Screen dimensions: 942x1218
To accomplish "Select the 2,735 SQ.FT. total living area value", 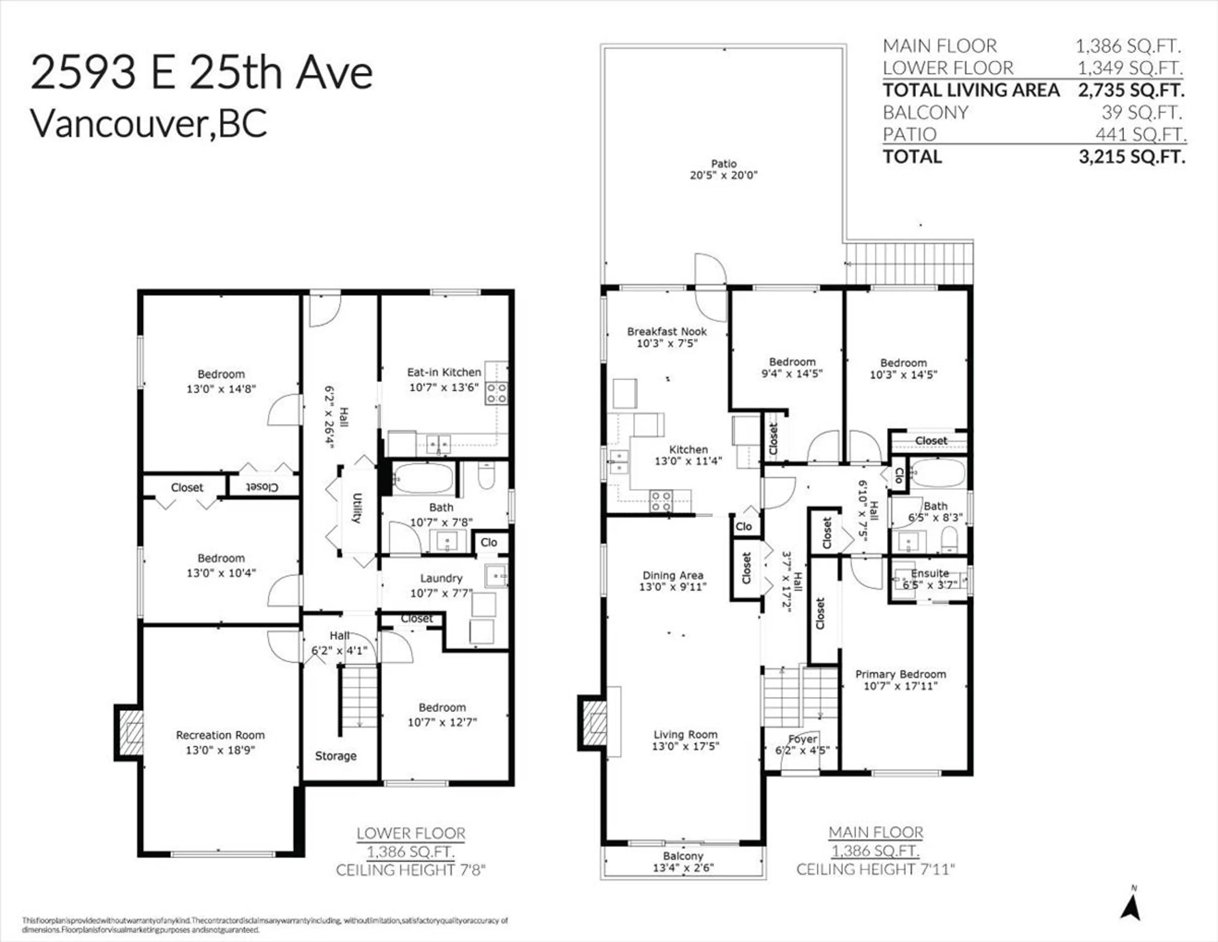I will [1131, 90].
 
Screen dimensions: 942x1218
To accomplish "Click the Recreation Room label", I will [220, 735].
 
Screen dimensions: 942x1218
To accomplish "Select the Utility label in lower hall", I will [357, 508].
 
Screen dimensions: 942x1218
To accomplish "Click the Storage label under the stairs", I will [335, 756].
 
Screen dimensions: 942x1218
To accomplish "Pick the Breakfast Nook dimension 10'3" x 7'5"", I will [667, 343].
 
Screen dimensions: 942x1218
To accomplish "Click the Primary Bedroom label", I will [901, 674].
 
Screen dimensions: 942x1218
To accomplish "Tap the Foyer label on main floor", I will [802, 739].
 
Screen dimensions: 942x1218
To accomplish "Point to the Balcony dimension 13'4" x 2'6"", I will [683, 868].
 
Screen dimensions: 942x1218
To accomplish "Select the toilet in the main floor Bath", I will [949, 539].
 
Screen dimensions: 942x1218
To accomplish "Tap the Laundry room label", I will [441, 578].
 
